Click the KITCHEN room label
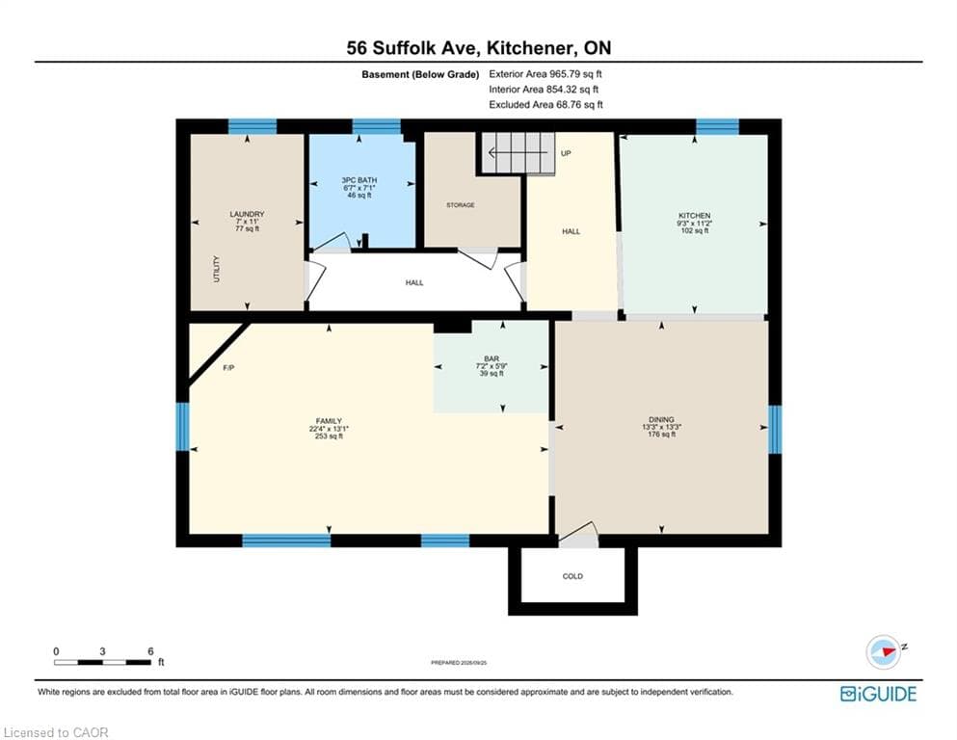[695, 216]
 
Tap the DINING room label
[661, 420]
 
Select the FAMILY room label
[329, 421]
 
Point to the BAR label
[492, 358]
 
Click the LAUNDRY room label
[247, 214]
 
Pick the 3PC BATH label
[359, 180]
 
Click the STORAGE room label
[461, 205]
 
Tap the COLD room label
[572, 576]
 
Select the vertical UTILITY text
[217, 269]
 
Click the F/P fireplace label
[228, 368]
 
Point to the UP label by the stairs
[566, 153]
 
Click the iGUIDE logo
[878, 695]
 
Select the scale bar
[102, 662]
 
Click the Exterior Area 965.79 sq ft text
[545, 74]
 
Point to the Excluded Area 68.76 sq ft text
[545, 105]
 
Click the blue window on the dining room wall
[775, 430]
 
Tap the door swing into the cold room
[577, 533]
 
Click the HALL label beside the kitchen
[572, 232]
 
